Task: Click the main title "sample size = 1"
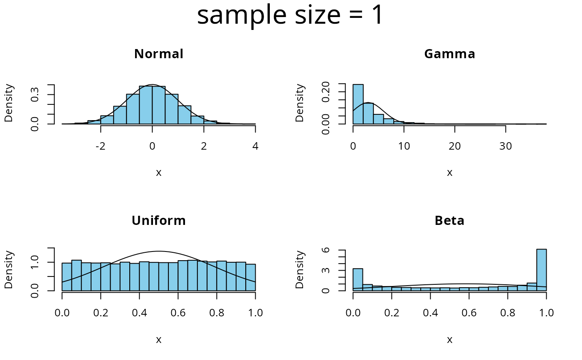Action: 290,16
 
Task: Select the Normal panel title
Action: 158,54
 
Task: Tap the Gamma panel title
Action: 449,54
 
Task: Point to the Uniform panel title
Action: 158,221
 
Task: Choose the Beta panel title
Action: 449,221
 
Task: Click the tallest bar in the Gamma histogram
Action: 358,104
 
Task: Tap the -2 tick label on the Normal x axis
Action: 101,146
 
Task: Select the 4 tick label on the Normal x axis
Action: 255,146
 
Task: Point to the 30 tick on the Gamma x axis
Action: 506,146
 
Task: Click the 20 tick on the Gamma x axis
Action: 455,146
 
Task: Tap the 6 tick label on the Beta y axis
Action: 327,250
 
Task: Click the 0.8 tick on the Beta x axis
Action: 508,313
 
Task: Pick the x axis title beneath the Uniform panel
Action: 158,340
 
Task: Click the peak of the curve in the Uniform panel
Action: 159,251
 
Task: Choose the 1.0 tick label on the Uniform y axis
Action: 36,262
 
